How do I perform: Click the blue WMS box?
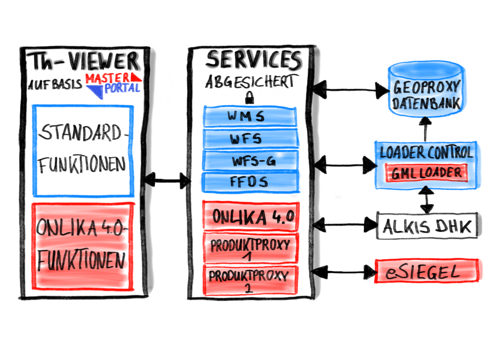(x=250, y=116)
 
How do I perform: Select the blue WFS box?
(x=250, y=139)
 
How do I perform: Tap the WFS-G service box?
(x=250, y=161)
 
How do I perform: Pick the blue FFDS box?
(x=250, y=182)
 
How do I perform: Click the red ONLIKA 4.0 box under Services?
(x=251, y=216)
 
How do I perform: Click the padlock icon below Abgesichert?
(x=249, y=97)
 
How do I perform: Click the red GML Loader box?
(x=426, y=173)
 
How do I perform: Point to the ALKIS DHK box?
(x=427, y=226)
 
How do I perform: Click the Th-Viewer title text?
(x=85, y=61)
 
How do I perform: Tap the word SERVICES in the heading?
(x=253, y=60)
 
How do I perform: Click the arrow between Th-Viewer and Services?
(x=167, y=180)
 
